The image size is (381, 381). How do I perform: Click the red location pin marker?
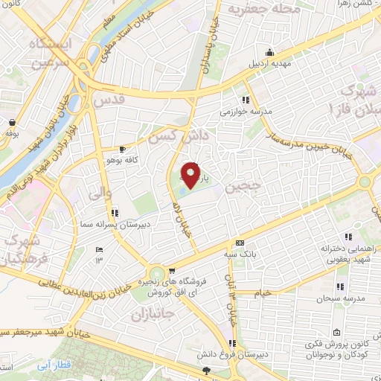[191, 176]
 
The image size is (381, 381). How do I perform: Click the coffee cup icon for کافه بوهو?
[123, 150]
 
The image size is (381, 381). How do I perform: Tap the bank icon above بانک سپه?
[240, 243]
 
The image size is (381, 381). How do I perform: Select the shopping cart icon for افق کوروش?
[173, 271]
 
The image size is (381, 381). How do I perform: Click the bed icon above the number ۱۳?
[98, 251]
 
